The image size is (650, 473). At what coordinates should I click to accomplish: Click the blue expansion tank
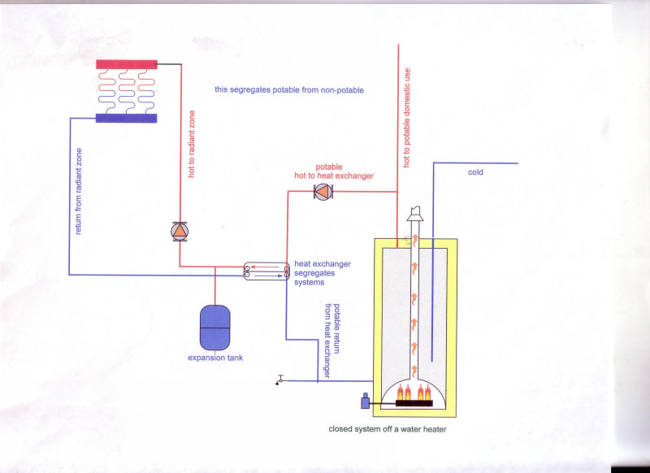tap(214, 328)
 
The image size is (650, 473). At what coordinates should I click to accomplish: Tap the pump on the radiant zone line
tap(180, 232)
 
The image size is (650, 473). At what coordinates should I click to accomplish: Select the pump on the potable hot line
tap(323, 191)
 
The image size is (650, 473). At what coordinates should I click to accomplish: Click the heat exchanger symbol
tap(266, 271)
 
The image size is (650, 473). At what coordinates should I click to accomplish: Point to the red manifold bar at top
tap(127, 64)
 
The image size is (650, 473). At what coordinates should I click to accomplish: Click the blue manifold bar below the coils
tap(127, 118)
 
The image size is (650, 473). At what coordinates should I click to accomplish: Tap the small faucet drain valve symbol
tap(279, 380)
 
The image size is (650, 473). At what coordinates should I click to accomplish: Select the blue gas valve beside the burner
tap(365, 401)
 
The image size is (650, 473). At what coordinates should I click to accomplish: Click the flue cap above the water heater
tap(415, 214)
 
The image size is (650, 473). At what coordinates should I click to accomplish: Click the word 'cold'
tap(475, 172)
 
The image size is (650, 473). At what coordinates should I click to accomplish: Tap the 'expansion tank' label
tap(215, 358)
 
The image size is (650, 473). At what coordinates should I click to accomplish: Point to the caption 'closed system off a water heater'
tap(388, 429)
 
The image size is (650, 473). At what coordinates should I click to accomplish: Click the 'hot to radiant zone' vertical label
tap(192, 144)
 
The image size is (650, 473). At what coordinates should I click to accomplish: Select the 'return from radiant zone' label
tap(78, 191)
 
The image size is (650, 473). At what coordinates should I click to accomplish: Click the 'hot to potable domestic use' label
tap(407, 118)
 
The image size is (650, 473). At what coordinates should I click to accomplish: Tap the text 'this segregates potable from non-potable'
tap(289, 89)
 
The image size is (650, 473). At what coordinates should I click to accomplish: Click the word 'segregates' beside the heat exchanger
tap(314, 273)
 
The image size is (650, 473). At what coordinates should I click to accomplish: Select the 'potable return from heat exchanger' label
tap(331, 341)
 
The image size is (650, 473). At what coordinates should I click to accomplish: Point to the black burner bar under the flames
tap(414, 403)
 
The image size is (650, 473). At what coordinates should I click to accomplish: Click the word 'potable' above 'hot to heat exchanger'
tap(329, 167)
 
